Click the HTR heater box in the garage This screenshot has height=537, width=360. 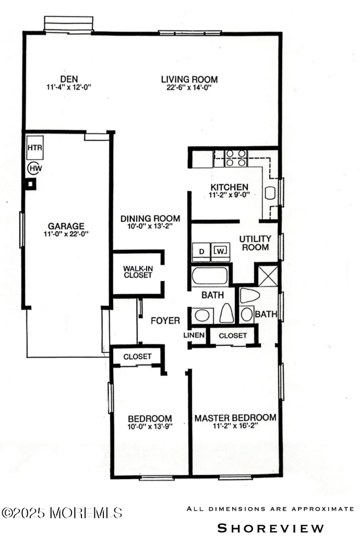click(x=35, y=148)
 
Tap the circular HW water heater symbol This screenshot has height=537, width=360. click(x=35, y=168)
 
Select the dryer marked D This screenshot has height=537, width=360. click(x=201, y=252)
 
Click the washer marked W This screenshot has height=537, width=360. click(x=220, y=252)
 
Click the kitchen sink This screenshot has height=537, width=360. click(x=270, y=193)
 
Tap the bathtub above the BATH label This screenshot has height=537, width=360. click(x=210, y=277)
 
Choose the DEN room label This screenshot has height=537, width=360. click(x=69, y=79)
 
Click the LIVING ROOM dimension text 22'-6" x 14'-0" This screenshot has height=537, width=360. click(x=189, y=87)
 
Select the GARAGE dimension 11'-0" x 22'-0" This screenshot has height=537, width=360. click(x=66, y=234)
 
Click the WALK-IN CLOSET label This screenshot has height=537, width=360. click(x=138, y=272)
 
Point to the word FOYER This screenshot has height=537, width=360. click(x=165, y=320)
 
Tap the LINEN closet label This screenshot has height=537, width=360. click(x=194, y=335)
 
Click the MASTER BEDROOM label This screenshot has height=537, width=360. click(x=235, y=418)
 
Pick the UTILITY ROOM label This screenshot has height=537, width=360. click(x=255, y=243)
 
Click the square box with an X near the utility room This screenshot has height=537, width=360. click(x=268, y=276)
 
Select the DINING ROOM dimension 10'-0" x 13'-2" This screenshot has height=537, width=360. click(x=150, y=226)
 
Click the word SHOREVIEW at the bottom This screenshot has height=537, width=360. click(x=271, y=528)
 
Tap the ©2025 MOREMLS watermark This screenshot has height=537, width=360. click(x=62, y=513)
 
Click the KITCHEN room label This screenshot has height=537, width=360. click(x=229, y=187)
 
